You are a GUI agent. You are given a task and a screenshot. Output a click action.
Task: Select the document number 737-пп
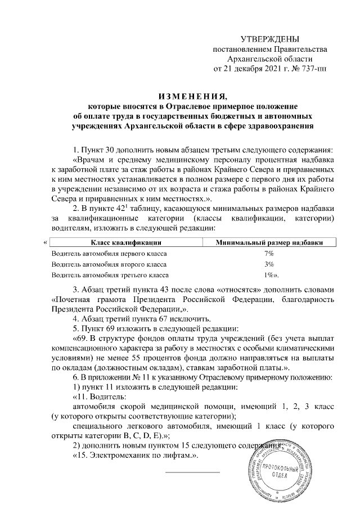tap(313, 69)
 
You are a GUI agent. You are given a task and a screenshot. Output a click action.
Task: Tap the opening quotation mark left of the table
tap(44, 243)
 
